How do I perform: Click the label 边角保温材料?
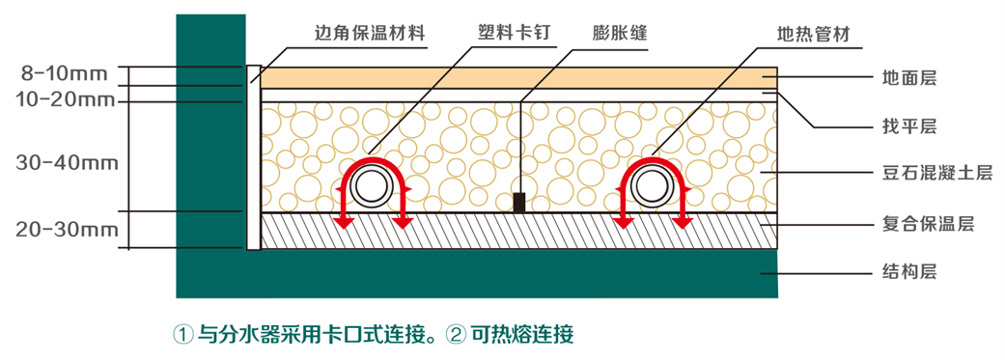click(371, 34)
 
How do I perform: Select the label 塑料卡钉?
click(514, 34)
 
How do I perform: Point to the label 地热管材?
click(814, 34)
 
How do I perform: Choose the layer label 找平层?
click(909, 126)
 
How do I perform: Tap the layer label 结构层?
click(909, 272)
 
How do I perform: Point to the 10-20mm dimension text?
click(64, 98)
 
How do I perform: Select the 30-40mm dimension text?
click(67, 162)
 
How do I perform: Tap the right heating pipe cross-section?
click(652, 185)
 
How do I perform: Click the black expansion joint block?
click(519, 202)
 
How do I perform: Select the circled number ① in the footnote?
click(182, 335)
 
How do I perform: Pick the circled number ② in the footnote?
click(457, 335)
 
